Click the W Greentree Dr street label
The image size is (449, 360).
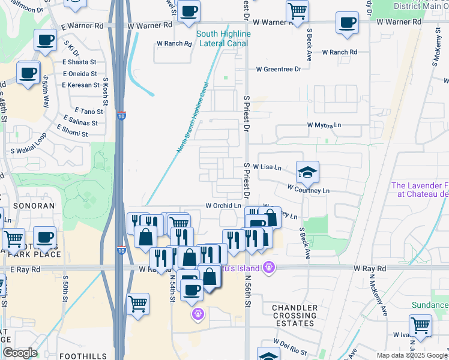[279, 69]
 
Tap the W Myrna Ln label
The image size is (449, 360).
[324, 125]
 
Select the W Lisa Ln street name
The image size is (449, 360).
[267, 167]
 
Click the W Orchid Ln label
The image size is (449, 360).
[223, 206]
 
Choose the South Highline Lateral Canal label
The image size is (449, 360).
[223, 39]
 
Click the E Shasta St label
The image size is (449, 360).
[79, 62]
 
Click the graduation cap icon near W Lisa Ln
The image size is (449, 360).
[307, 173]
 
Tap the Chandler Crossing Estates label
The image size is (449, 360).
[294, 316]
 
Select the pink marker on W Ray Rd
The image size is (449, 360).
[270, 267]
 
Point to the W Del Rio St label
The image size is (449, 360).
[290, 346]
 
